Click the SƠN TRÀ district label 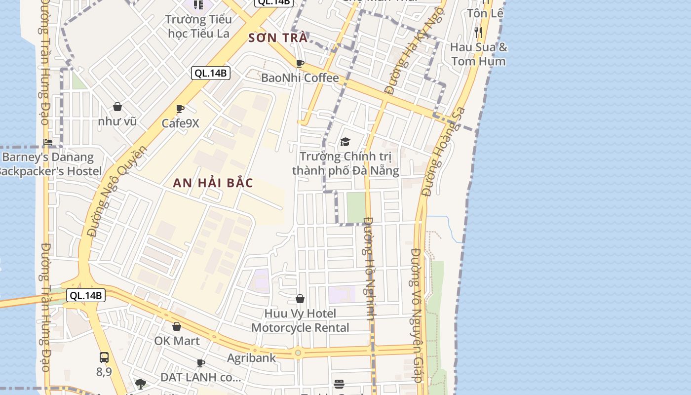tap(278, 38)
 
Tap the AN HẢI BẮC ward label tap(213, 183)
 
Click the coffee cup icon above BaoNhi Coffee tap(300, 63)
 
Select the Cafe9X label tap(181, 123)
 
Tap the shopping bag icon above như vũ tap(117, 107)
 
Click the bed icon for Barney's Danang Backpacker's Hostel tap(48, 143)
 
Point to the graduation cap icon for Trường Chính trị tap(345, 142)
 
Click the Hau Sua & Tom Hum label tap(478, 54)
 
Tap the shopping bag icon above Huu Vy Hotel tap(300, 299)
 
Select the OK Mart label tap(177, 341)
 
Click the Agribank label tap(251, 358)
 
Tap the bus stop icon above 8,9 tap(104, 357)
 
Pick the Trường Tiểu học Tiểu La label tap(198, 26)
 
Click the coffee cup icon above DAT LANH tap(201, 363)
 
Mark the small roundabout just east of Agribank tap(298, 353)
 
